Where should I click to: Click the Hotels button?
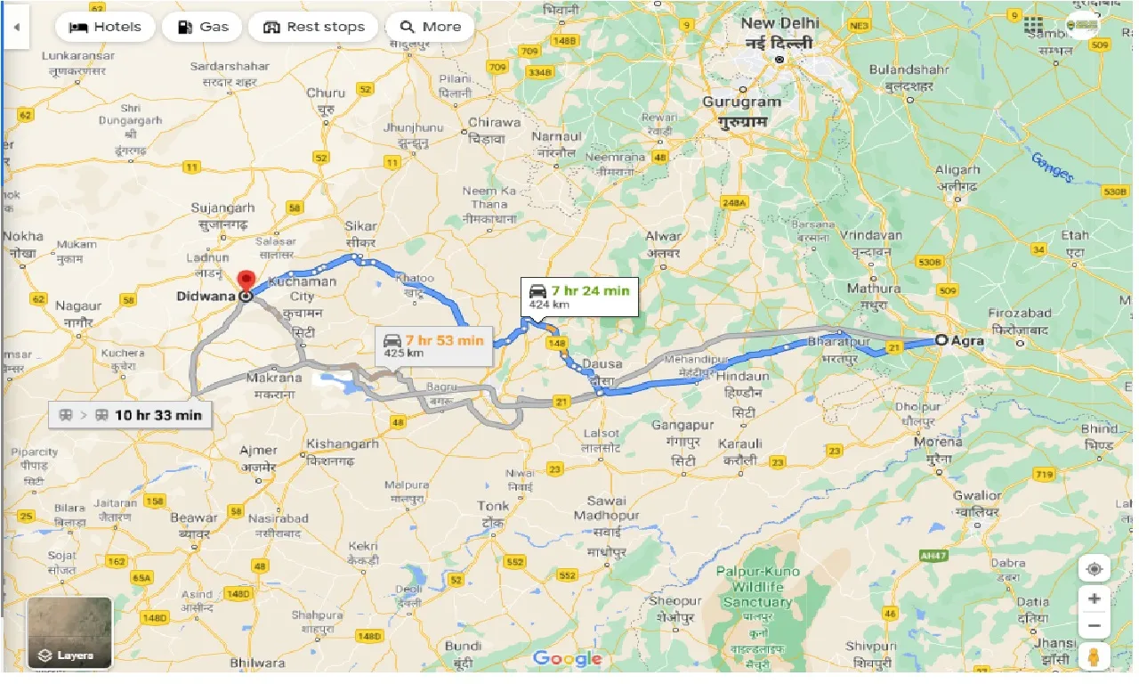(x=105, y=27)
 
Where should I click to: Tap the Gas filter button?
(x=202, y=27)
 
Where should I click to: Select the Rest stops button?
(x=313, y=27)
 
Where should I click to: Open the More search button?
(x=430, y=27)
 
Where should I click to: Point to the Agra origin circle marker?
(x=941, y=339)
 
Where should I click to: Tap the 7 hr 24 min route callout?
(x=579, y=296)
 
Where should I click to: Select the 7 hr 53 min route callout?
(x=433, y=346)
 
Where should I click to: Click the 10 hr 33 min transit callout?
(x=131, y=415)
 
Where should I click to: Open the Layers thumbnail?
(x=69, y=633)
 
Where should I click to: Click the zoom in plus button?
(x=1095, y=598)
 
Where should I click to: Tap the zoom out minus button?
(x=1095, y=626)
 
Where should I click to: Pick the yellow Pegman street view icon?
(x=1095, y=657)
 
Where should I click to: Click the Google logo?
(x=567, y=659)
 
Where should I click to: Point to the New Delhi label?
(x=780, y=23)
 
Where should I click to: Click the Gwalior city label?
(x=977, y=495)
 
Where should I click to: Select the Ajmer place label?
(x=258, y=451)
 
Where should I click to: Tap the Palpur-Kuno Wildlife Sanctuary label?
(x=765, y=587)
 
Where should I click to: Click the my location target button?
(x=1095, y=568)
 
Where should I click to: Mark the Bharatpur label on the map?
(x=836, y=342)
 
